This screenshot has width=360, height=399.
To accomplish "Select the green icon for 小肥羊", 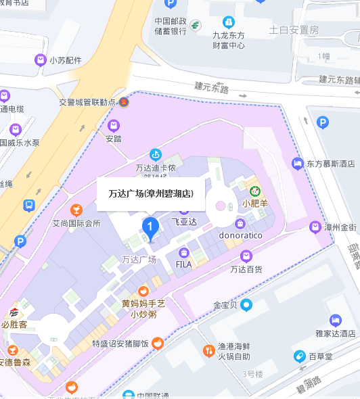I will (x=255, y=191).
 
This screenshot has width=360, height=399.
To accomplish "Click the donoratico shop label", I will (x=240, y=235).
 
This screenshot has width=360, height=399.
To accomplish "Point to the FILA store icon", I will (x=183, y=252).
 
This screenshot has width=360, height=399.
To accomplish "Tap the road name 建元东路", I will (x=212, y=88).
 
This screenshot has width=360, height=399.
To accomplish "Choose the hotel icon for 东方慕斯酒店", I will (x=297, y=163).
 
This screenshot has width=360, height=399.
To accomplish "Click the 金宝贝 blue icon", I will (x=246, y=305).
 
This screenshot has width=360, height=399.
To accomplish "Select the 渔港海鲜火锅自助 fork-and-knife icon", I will (x=208, y=350).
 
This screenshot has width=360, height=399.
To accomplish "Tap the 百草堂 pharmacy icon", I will (x=298, y=355).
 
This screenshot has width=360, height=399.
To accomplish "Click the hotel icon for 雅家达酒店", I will (x=335, y=321).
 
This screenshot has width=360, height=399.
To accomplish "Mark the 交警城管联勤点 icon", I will (x=124, y=102).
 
